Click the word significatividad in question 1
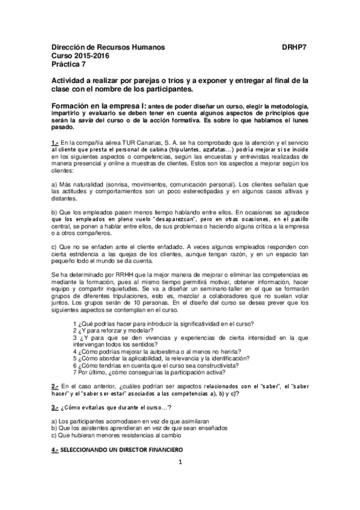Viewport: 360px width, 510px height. (204, 323)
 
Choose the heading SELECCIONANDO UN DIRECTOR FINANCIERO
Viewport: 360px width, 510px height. (121, 450)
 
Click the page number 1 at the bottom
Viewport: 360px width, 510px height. (180, 479)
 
